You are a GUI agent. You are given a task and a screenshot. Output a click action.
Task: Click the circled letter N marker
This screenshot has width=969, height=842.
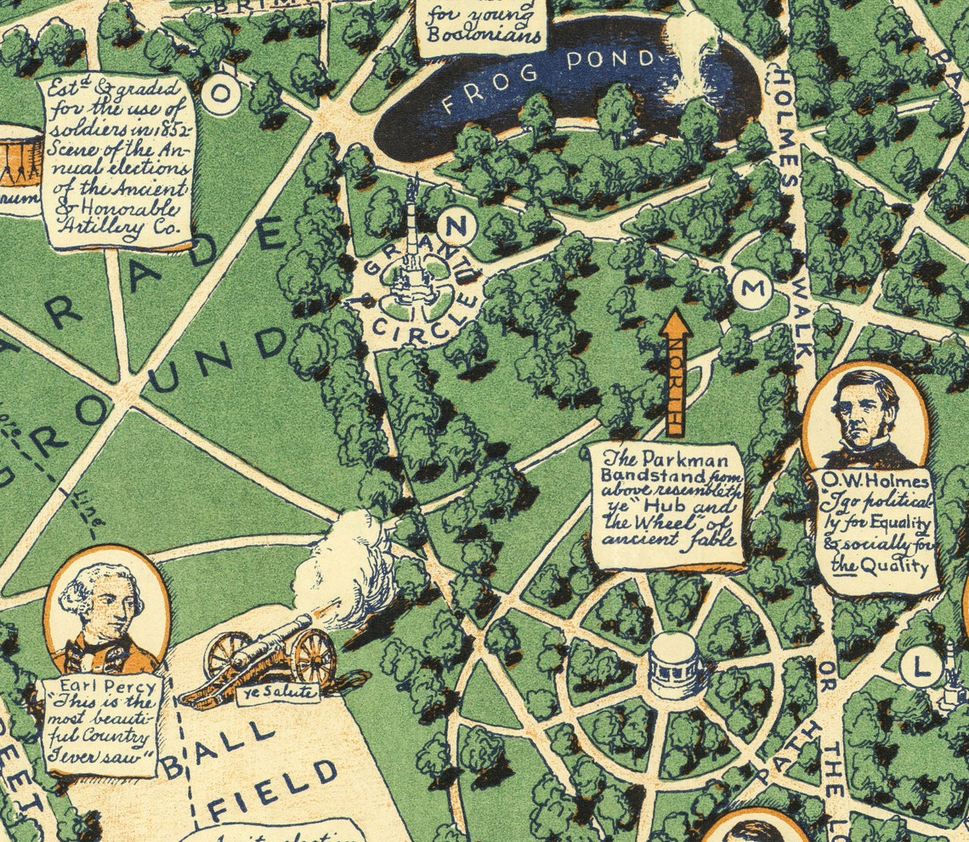(456, 228)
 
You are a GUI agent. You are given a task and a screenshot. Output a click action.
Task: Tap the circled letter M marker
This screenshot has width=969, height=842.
(752, 290)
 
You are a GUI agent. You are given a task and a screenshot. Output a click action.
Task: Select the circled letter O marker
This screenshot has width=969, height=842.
(220, 94)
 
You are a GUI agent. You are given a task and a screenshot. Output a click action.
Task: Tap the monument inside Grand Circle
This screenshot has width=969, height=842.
(412, 255)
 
